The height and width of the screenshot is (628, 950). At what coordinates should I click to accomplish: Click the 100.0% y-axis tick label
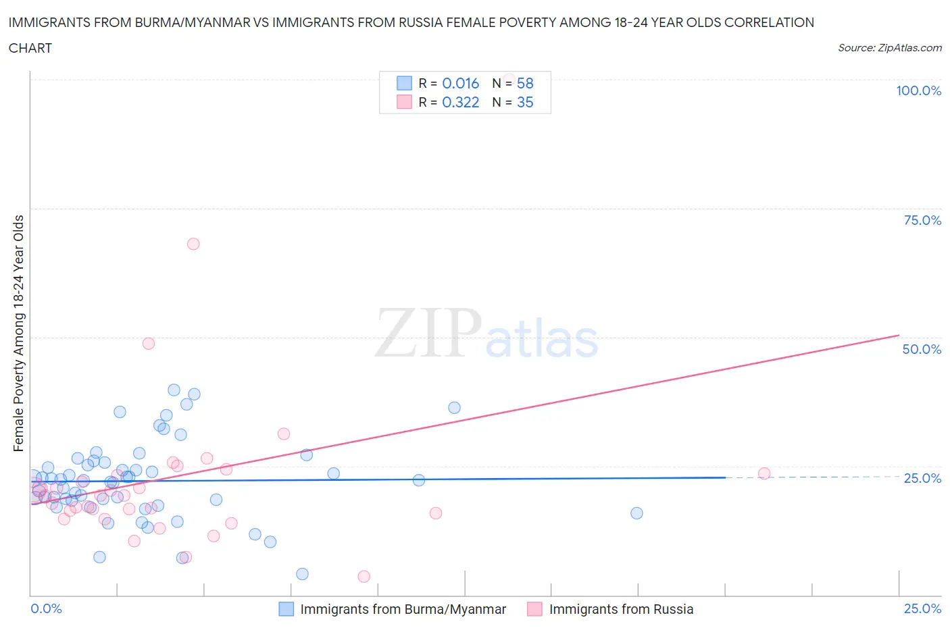point(918,90)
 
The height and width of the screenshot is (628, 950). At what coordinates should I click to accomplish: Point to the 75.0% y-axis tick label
point(922,220)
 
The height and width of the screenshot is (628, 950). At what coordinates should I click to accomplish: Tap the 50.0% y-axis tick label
point(922,349)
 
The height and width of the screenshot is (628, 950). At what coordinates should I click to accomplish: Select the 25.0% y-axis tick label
point(922,478)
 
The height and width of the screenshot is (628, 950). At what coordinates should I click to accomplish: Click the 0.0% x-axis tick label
point(46,608)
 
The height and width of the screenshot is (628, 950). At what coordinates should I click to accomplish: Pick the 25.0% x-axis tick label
point(922,608)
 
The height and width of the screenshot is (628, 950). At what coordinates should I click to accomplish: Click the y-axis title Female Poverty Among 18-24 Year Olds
point(18,333)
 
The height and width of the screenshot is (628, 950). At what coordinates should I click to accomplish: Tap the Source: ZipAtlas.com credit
point(889,48)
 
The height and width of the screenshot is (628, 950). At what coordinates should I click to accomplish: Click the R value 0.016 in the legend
point(460,83)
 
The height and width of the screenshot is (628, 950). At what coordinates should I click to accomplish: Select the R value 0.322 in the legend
point(460,102)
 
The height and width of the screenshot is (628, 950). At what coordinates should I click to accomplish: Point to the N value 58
point(525,83)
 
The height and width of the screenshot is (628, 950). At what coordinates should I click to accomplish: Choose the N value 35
point(525,102)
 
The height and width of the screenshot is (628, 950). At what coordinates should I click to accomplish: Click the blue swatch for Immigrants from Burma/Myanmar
point(286,609)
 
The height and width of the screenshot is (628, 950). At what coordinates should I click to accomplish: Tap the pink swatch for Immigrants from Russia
point(535,609)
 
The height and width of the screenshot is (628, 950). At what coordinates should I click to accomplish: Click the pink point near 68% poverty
point(193,244)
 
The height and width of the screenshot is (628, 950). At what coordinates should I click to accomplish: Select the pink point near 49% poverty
point(149,343)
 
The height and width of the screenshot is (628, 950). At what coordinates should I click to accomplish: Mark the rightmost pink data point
point(764,473)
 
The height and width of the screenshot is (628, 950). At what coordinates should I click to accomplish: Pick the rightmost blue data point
point(636,513)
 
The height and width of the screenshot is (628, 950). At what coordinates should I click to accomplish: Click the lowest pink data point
point(364,576)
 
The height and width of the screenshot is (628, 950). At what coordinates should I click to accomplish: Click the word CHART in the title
point(30,48)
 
